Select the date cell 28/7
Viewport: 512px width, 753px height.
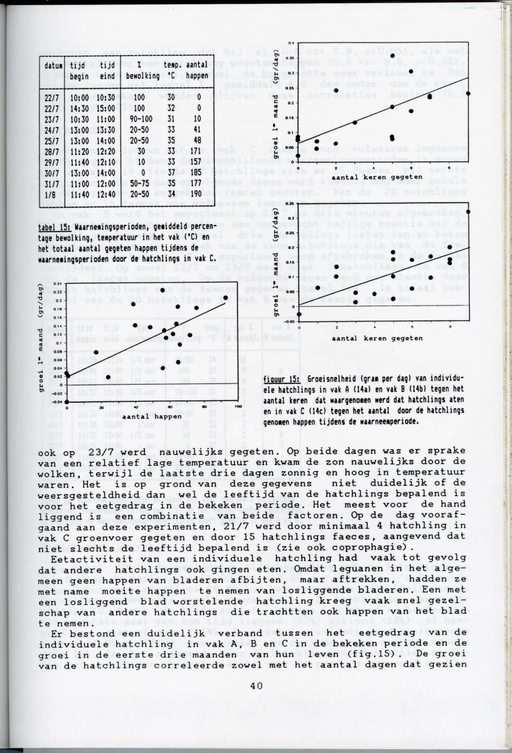click(51, 151)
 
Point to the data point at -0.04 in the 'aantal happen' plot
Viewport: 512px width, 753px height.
click(67, 402)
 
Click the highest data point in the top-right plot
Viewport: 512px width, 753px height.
click(392, 56)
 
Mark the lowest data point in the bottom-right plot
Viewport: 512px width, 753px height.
click(299, 314)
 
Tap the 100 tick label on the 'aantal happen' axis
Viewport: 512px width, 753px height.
click(238, 408)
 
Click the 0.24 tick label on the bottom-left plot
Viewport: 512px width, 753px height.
click(59, 284)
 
